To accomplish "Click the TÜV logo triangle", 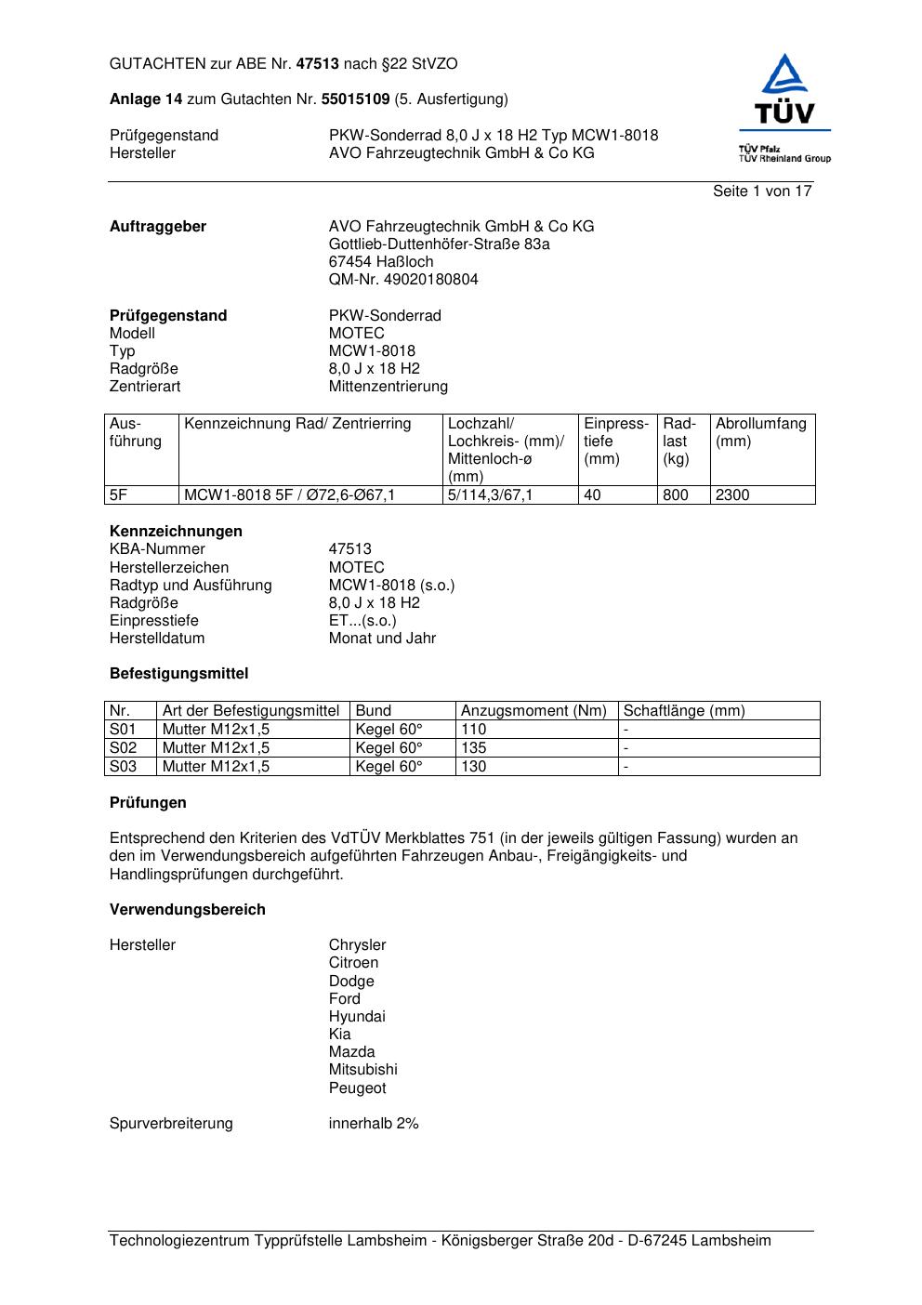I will pyautogui.click(x=785, y=75).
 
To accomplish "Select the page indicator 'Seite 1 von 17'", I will pyautogui.click(x=762, y=191).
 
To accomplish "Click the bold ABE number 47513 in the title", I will pyautogui.click(x=318, y=64).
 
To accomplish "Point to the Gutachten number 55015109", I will pyautogui.click(x=355, y=99).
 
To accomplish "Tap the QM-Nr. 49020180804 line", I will pyautogui.click(x=403, y=280).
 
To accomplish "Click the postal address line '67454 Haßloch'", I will pyautogui.click(x=381, y=262).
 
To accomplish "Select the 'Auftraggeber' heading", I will pyautogui.click(x=158, y=227).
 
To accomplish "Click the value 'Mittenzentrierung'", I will pyautogui.click(x=388, y=387).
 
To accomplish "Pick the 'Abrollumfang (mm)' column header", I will pyautogui.click(x=760, y=432).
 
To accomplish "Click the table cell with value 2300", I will pyautogui.click(x=732, y=495).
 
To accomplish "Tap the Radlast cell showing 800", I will pyautogui.click(x=676, y=495).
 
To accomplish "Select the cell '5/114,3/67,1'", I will pyautogui.click(x=490, y=495).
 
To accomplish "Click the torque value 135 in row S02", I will pyautogui.click(x=474, y=748).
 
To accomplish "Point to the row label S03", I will pyautogui.click(x=124, y=767).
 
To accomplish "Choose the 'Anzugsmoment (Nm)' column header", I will pyautogui.click(x=533, y=711).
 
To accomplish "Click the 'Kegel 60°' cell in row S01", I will pyautogui.click(x=389, y=730).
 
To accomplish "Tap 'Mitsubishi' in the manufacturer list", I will pyautogui.click(x=362, y=1070).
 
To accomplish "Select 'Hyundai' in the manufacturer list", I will pyautogui.click(x=357, y=1017).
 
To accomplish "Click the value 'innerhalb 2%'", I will pyautogui.click(x=374, y=1124).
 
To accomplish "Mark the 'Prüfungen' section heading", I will pyautogui.click(x=148, y=803).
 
